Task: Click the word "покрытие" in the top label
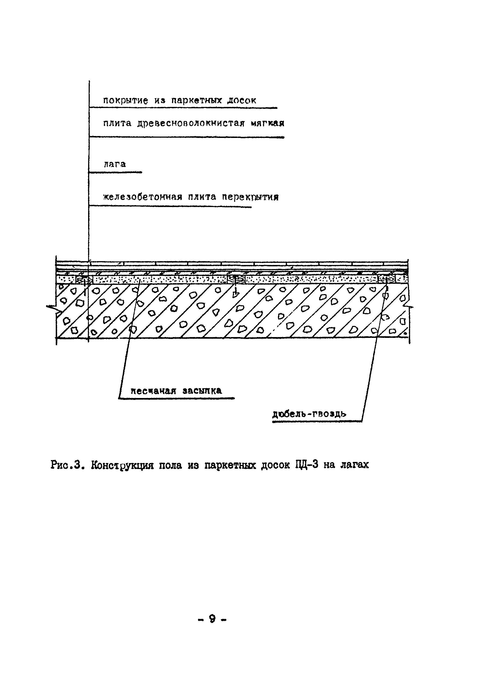coord(125,101)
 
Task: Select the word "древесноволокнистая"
coord(191,123)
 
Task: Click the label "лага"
coord(114,164)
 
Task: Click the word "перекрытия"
coord(250,197)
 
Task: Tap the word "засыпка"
coord(202,391)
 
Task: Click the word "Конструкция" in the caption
coord(122,465)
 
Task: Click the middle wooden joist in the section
coord(236,280)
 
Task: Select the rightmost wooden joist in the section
coord(386,280)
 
